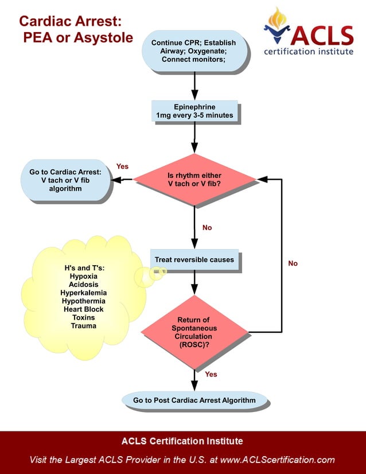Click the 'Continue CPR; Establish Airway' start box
(195, 51)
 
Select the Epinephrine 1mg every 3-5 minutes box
(195, 111)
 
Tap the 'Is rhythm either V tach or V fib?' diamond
(194, 180)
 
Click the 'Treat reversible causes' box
(194, 260)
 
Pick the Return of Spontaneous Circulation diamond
(194, 332)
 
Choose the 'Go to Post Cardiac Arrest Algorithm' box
(194, 400)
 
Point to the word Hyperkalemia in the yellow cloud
(83, 293)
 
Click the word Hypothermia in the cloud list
(83, 301)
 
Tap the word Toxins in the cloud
(83, 317)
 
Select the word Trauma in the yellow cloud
(83, 325)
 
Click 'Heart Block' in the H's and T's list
(83, 309)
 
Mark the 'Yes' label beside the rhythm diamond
(122, 166)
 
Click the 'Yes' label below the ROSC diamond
(211, 374)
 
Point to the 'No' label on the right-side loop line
(293, 263)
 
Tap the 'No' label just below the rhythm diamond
(207, 228)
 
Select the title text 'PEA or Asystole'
(78, 38)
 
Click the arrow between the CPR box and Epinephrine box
(195, 86)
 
